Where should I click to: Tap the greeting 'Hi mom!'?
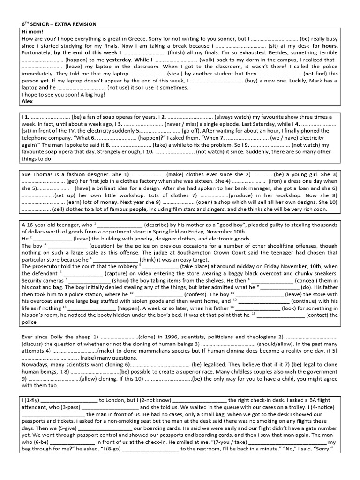click(32, 31)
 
